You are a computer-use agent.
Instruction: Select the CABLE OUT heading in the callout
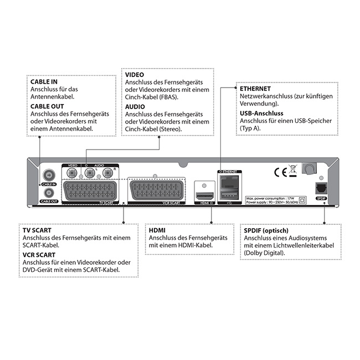tap(48, 106)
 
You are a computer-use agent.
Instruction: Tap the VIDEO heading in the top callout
tap(136, 74)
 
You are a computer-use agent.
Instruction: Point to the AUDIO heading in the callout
tap(136, 106)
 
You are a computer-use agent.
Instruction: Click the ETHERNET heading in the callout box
tap(255, 88)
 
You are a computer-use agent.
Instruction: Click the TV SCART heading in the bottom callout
tap(39, 229)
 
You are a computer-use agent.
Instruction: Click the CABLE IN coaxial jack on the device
tap(48, 174)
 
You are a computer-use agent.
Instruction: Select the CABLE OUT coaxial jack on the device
tap(48, 192)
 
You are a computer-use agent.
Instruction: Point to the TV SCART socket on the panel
tap(90, 191)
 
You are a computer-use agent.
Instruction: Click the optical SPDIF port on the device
tap(320, 187)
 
